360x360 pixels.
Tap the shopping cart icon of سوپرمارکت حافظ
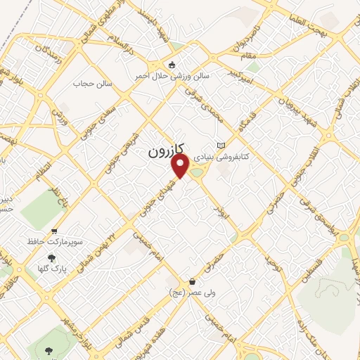coord(54,231)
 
